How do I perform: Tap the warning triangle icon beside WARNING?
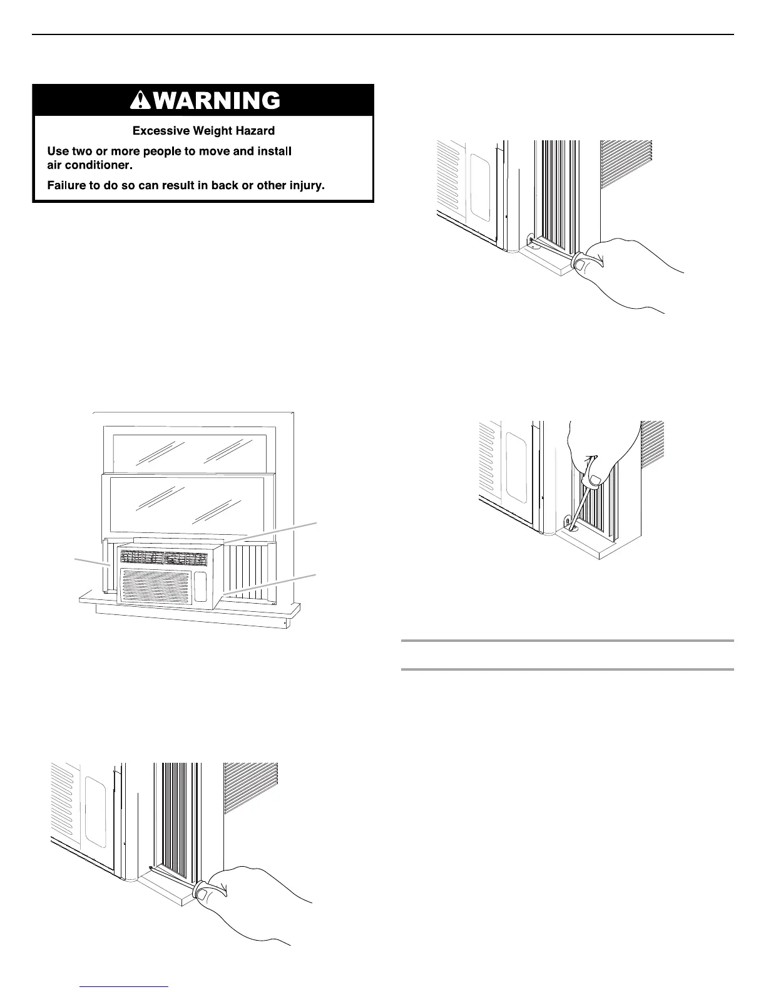coord(138,100)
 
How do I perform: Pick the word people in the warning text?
coord(156,152)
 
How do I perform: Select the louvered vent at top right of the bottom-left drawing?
coord(250,787)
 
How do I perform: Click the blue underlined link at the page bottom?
coord(125,986)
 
